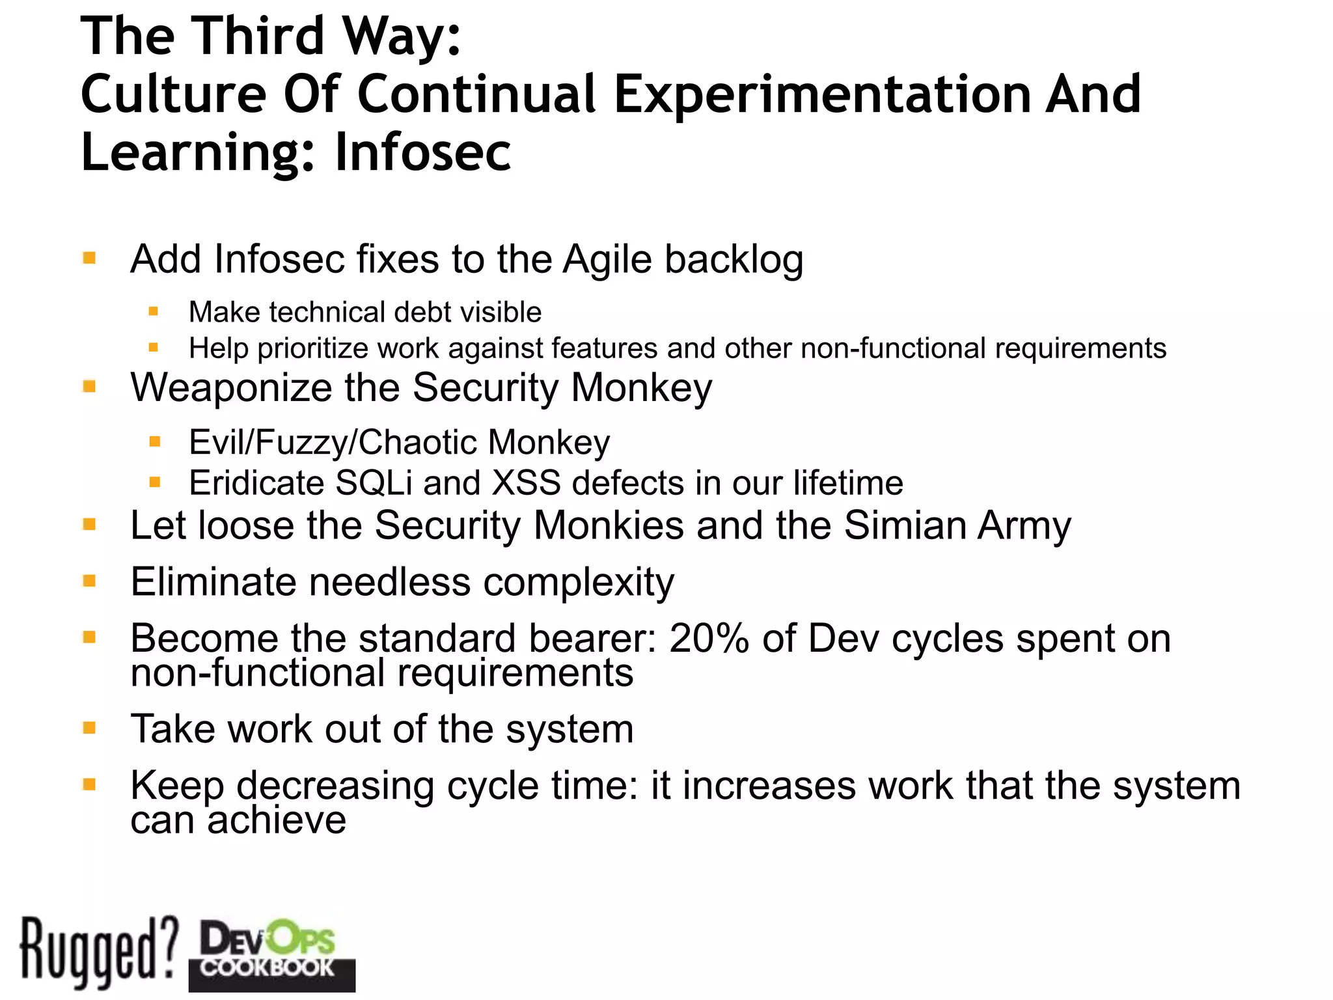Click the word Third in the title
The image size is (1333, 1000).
pos(258,36)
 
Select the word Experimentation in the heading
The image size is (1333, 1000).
pos(823,94)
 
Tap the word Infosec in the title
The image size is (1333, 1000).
pos(423,152)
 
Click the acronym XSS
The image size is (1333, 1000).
pos(526,483)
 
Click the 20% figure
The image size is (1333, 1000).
pos(709,638)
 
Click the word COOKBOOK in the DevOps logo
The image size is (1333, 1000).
pos(267,967)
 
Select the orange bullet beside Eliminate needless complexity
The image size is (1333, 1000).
pos(90,580)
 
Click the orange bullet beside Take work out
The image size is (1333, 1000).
pos(90,727)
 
